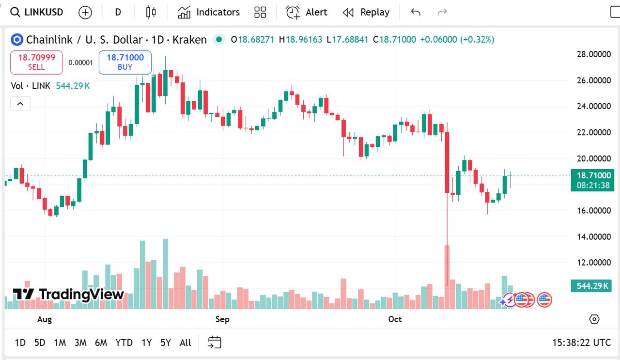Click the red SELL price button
click(x=36, y=62)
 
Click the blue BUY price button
click(x=125, y=62)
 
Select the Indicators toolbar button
click(x=209, y=12)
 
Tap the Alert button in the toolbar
click(x=307, y=12)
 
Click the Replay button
click(x=366, y=12)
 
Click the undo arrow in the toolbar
click(x=415, y=12)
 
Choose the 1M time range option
click(x=60, y=343)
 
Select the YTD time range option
click(x=124, y=343)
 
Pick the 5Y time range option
click(x=166, y=343)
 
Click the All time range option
click(x=185, y=343)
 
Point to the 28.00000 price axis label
click(x=593, y=54)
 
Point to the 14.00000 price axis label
click(x=593, y=237)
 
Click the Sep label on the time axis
click(x=222, y=319)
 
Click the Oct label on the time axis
click(x=395, y=319)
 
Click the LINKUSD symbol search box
click(x=37, y=12)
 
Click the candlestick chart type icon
click(x=151, y=12)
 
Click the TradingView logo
click(x=68, y=294)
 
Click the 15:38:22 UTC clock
click(x=581, y=343)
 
